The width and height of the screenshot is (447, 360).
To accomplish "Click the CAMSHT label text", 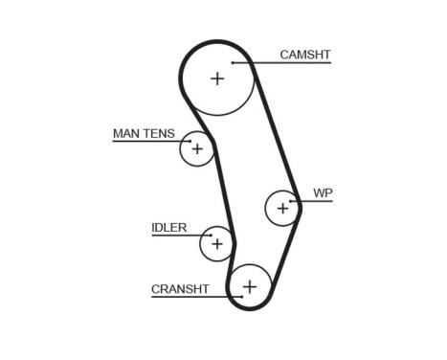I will pyautogui.click(x=304, y=55).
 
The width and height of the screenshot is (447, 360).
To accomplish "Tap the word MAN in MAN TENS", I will pyautogui.click(x=126, y=133).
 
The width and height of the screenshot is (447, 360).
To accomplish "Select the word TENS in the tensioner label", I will pyautogui.click(x=159, y=133).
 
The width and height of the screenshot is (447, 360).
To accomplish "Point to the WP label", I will pyautogui.click(x=322, y=192).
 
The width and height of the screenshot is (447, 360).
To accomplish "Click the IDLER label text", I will pyautogui.click(x=168, y=228).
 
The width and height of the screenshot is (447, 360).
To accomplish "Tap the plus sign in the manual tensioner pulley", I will pyautogui.click(x=196, y=148).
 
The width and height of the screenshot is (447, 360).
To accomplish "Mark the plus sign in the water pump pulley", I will pyautogui.click(x=281, y=207).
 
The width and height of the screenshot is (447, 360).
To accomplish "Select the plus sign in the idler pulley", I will pyautogui.click(x=217, y=244).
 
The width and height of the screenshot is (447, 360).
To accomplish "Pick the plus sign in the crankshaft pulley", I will pyautogui.click(x=249, y=285).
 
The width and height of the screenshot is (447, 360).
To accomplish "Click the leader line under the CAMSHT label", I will pyautogui.click(x=287, y=63).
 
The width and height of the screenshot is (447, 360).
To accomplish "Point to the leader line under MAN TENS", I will pyautogui.click(x=144, y=142).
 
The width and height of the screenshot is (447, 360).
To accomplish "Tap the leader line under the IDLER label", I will pyautogui.click(x=172, y=236).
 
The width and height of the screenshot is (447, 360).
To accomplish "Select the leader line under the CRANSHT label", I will pyautogui.click(x=187, y=297).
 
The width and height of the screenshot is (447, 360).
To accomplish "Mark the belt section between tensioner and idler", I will pyautogui.click(x=223, y=191).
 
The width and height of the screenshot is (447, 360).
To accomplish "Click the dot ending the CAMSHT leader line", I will pyautogui.click(x=234, y=63).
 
